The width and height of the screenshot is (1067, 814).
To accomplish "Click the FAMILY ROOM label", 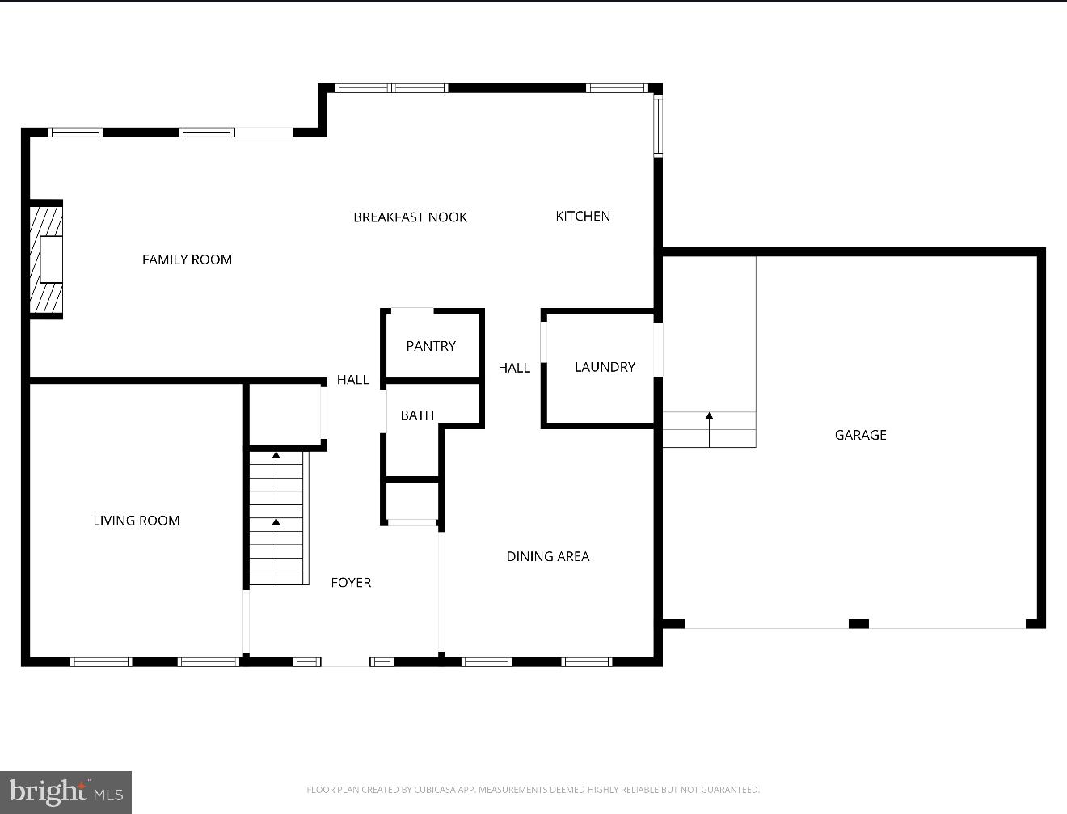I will (x=187, y=259).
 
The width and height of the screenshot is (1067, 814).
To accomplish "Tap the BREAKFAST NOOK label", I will (x=410, y=217).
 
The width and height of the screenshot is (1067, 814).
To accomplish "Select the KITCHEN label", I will (x=583, y=216).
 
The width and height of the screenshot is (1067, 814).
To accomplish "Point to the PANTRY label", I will (x=431, y=346).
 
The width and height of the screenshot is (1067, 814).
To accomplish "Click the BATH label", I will (x=417, y=415).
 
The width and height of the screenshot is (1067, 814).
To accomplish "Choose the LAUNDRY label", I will (x=605, y=367).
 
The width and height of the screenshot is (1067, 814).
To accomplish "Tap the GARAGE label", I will (x=860, y=435).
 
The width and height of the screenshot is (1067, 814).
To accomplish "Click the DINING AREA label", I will (x=547, y=556).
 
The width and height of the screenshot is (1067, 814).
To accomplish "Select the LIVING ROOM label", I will (x=136, y=521).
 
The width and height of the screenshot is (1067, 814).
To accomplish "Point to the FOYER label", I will (x=351, y=582).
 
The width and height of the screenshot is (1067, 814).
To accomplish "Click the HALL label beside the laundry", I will (x=514, y=368).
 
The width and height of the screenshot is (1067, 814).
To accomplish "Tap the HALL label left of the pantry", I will (x=352, y=380).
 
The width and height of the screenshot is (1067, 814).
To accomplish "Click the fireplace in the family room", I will (x=47, y=259).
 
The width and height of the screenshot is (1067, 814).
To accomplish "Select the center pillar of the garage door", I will (x=858, y=623).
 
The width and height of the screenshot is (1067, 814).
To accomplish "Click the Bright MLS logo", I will (x=65, y=791).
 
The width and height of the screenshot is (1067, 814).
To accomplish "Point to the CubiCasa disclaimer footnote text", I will (x=533, y=790).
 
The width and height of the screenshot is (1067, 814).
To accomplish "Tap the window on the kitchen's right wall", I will (x=658, y=125).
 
